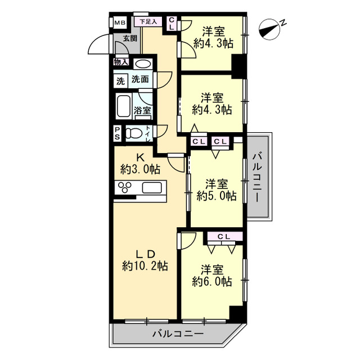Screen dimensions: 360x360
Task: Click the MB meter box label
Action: pos(120,22)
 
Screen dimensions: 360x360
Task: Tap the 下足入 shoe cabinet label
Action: pos(148,22)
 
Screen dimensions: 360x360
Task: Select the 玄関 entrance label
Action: pos(130,38)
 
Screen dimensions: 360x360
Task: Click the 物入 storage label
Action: pos(121,62)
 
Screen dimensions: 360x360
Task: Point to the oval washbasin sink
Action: pos(143,64)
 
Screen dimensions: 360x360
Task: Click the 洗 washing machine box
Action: pos(120,81)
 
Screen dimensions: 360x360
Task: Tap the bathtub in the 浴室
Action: pos(124,106)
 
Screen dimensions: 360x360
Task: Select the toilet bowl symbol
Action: pos(134,133)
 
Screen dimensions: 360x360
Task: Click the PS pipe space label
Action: pos(118,133)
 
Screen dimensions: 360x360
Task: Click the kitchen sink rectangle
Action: pos(152,187)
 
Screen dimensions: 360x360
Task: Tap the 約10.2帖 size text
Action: pos(145,266)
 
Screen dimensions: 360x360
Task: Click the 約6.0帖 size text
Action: pos(212,281)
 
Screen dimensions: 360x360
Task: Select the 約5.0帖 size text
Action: pos(216,196)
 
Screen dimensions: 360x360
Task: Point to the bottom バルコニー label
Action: pos(178,334)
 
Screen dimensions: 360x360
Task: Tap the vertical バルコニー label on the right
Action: pos(258,178)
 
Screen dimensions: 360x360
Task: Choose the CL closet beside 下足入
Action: pos(172,24)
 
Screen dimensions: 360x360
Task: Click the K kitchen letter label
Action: pos(140,157)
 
